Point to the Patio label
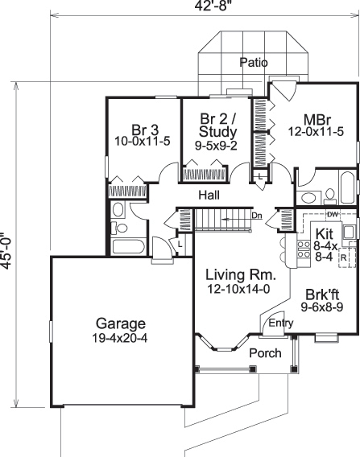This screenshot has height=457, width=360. pos(254,62)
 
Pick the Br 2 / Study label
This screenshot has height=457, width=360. pos(217,126)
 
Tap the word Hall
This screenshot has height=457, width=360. pos(211,195)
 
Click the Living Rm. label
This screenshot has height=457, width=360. pos(230,273)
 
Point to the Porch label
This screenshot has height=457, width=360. pos(242,353)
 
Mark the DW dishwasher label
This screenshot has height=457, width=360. pos(332,216)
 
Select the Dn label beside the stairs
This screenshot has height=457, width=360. pos(258,216)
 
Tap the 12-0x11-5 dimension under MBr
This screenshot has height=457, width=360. pos(316,132)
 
